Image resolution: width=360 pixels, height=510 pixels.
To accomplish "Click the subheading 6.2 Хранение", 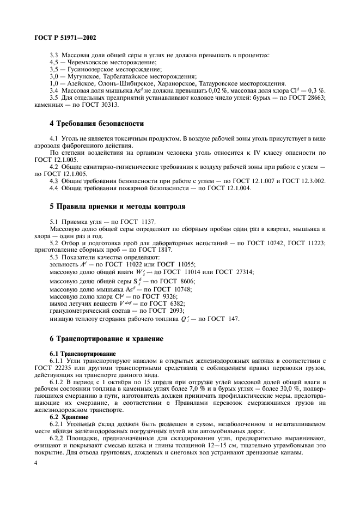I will pyautogui.click(x=69, y=417).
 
